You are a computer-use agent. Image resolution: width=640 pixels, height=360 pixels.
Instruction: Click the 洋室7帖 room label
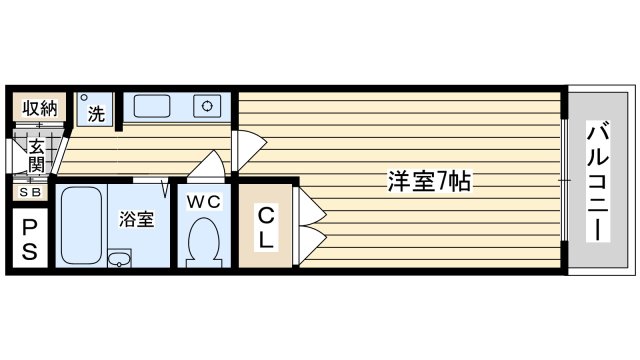430,183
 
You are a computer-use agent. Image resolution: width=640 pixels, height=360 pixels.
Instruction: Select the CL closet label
266,227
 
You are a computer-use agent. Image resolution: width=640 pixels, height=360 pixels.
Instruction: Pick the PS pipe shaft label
29,239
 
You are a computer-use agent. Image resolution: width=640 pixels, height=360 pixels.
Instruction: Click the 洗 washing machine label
96,114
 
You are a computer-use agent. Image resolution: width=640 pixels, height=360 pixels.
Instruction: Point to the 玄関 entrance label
35,154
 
